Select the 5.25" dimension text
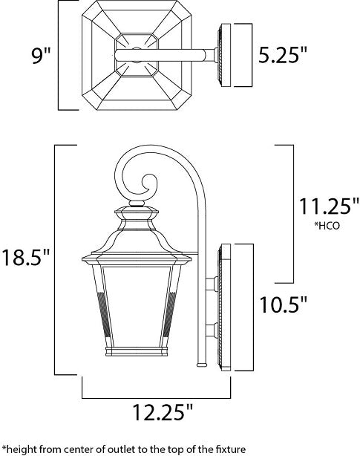(x=282, y=55)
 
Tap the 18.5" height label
(x=25, y=258)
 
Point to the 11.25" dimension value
(x=329, y=206)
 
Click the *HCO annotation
(x=327, y=226)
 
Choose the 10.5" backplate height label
(x=283, y=304)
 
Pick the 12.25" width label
(x=163, y=411)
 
